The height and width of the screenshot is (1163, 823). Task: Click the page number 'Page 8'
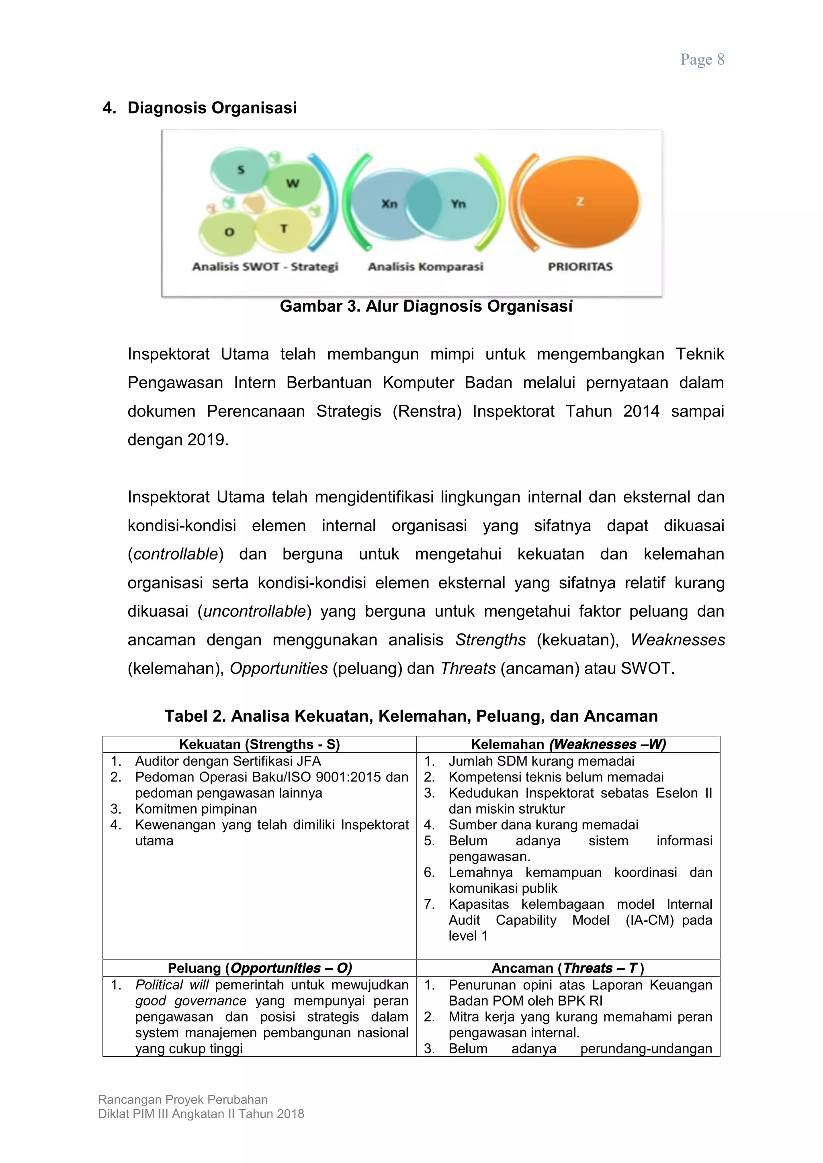point(702,60)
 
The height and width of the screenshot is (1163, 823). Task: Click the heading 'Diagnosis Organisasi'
point(212,108)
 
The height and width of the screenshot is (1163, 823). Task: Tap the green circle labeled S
point(240,171)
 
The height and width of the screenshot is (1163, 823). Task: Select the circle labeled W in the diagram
point(293,184)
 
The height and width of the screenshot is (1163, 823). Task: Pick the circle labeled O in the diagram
point(229,232)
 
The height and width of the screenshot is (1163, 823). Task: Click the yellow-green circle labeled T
point(284,229)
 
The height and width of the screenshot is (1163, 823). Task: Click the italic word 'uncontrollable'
point(254,611)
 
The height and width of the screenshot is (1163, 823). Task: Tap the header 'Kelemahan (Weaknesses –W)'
point(568,744)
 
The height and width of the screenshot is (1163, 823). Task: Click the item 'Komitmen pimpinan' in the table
point(196,808)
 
